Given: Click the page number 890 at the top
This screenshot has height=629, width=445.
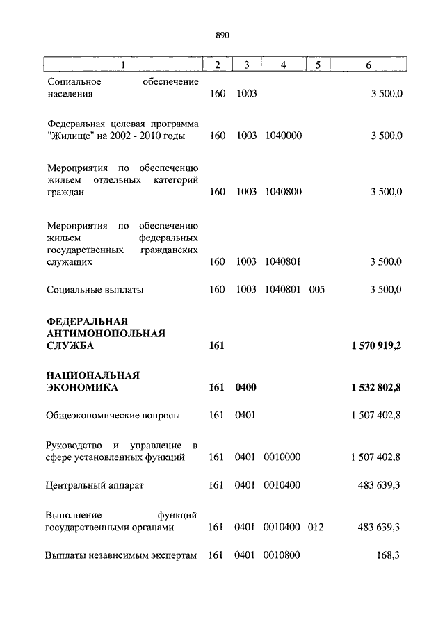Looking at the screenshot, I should (222, 35).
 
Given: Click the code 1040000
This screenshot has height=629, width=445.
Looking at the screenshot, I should (283, 136).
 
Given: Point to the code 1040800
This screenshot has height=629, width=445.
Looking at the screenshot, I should (283, 193).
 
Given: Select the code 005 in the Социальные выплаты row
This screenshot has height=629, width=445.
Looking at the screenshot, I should (317, 290).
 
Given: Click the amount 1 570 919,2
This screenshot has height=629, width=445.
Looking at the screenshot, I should (371, 345).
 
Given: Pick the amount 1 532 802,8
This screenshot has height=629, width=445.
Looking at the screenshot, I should (371, 387).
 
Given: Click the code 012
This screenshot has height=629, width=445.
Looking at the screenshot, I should (317, 528).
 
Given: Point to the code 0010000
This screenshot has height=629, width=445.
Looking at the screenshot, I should (283, 457).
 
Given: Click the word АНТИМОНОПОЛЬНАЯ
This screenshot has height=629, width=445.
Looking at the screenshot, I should (106, 333).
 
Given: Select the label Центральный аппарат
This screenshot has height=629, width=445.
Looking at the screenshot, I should (94, 485).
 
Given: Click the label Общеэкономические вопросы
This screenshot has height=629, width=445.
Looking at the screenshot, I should (113, 416).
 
